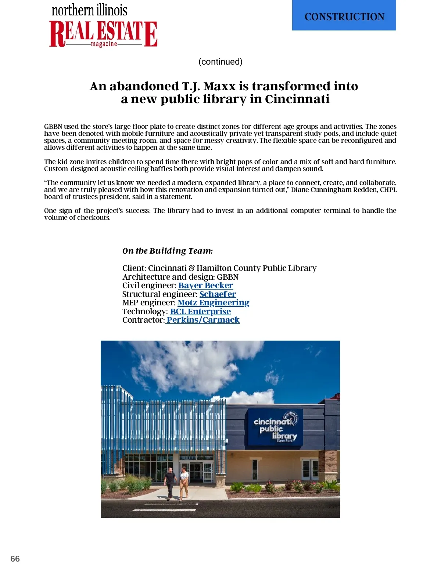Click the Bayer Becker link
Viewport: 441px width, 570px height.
click(205, 286)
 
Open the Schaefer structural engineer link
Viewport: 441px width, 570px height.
click(218, 294)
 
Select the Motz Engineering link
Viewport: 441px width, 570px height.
click(213, 303)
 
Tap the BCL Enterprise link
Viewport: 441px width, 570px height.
click(200, 311)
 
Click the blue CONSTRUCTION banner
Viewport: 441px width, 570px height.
click(344, 15)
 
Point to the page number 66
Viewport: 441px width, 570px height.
click(15, 559)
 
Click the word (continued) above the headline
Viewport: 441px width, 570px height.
click(220, 62)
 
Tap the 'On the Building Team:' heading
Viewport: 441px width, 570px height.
click(168, 251)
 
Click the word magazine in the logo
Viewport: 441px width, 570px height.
click(104, 44)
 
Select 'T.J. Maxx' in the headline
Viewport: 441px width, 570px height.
click(209, 86)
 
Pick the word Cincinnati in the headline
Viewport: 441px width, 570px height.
click(297, 99)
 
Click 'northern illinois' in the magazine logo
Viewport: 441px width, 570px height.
click(90, 10)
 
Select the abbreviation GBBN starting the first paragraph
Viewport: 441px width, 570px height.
click(53, 127)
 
